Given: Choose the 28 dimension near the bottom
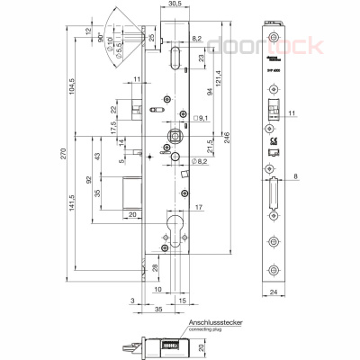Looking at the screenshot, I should click(x=154, y=268).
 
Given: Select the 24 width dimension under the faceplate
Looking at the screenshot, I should click(x=274, y=292).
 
